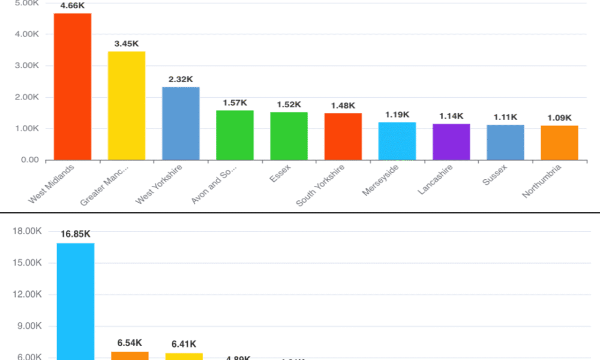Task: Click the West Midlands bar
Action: (x=73, y=86)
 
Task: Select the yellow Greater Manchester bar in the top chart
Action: (x=127, y=106)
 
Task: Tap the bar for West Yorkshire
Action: (x=181, y=124)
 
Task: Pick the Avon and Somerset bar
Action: (x=235, y=135)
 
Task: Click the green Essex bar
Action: (x=289, y=136)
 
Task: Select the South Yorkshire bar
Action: (x=343, y=137)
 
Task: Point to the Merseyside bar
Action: (x=397, y=141)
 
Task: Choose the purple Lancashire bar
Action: (x=451, y=142)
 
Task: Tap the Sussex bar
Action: (x=505, y=143)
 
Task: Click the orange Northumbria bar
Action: (x=559, y=143)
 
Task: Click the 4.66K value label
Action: (x=73, y=6)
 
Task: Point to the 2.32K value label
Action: (x=181, y=79)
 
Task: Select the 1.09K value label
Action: (x=559, y=118)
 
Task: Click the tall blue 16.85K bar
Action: (x=76, y=300)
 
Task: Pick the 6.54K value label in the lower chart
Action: (x=129, y=343)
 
